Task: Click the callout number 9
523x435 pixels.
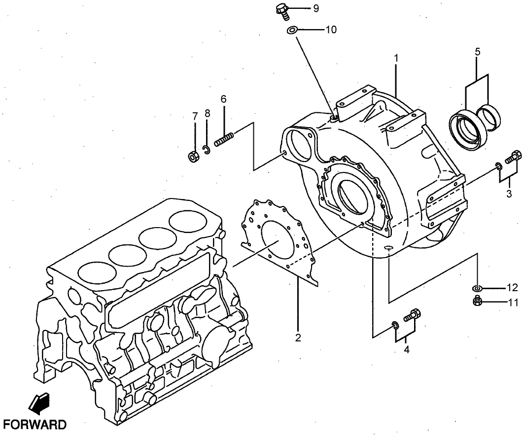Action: coord(315,8)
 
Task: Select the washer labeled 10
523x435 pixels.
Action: coord(291,31)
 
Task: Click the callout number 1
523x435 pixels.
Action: coord(395,58)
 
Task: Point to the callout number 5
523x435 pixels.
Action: coord(477,51)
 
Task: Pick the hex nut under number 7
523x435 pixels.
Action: coord(194,157)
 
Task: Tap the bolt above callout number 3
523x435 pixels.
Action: coord(513,157)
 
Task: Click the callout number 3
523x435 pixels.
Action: coord(509,193)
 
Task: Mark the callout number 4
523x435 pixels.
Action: coord(406,350)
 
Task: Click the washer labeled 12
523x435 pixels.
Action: coord(477,288)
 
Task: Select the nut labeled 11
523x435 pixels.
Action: coord(477,301)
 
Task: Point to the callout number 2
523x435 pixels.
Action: coord(298,337)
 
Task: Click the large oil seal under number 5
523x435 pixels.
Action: coord(465,130)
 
